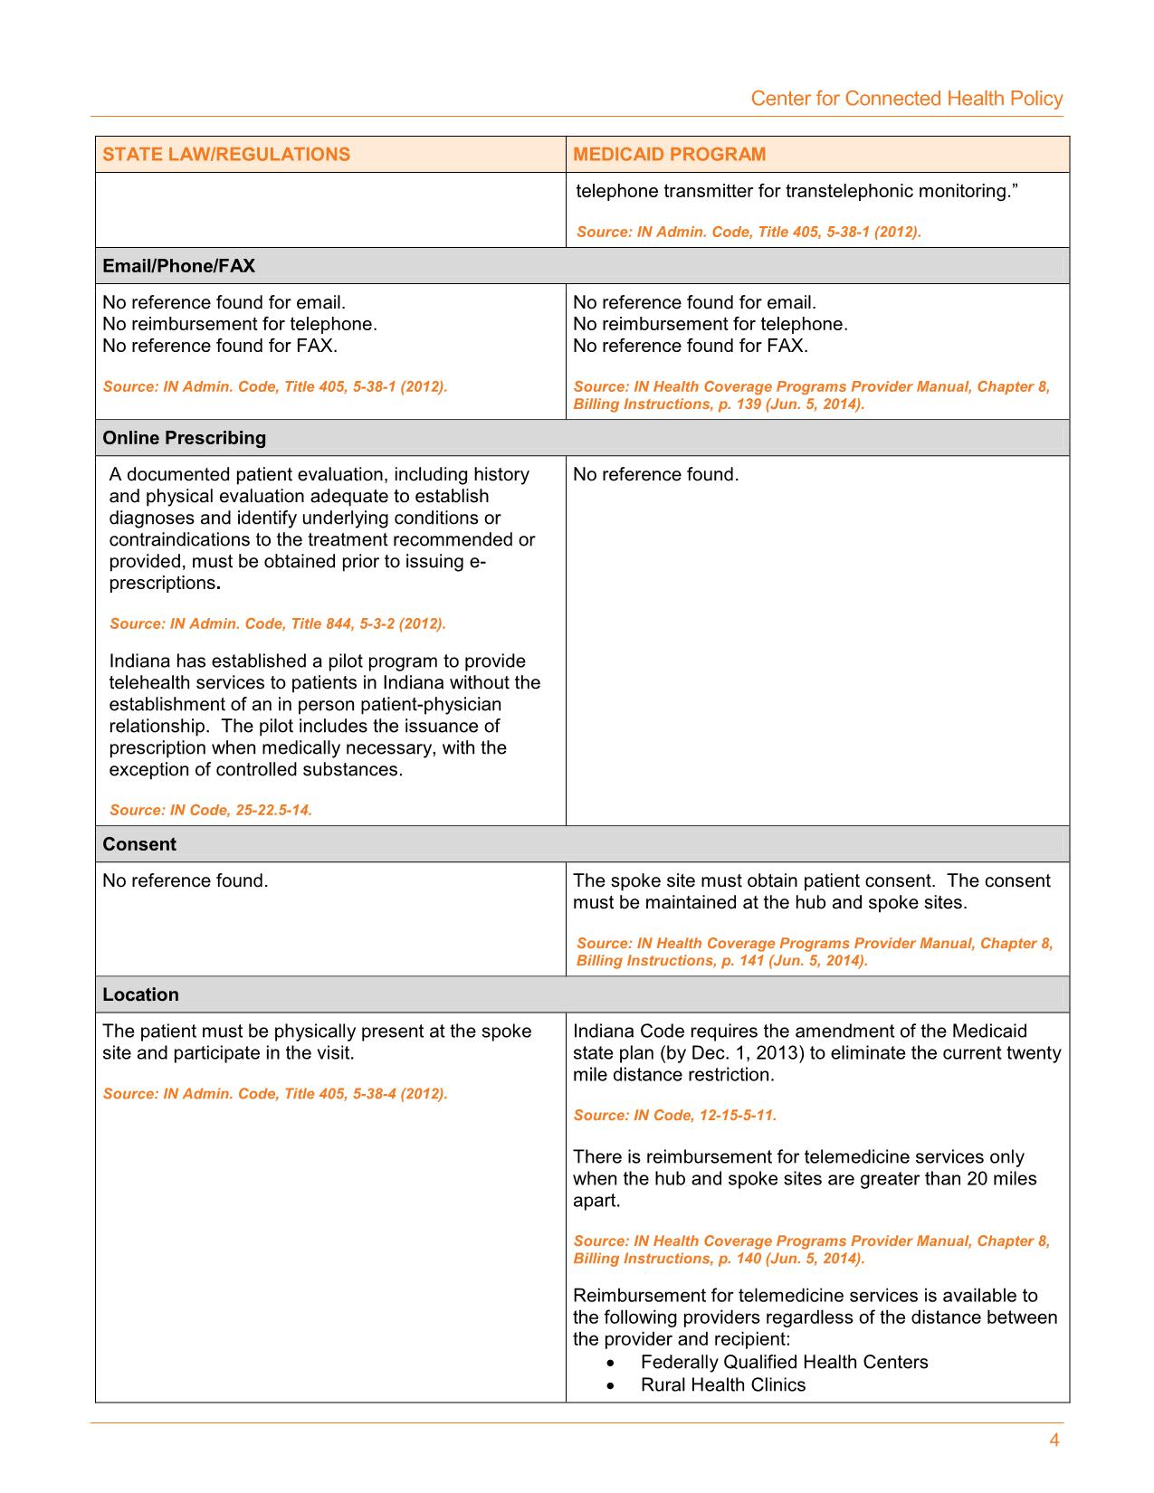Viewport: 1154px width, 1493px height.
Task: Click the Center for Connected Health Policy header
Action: coord(906,99)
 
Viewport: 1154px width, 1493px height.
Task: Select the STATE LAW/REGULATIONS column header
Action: coord(226,154)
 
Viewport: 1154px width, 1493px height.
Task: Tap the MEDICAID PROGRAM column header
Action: coord(669,154)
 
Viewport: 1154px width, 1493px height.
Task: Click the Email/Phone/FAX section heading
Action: coord(178,266)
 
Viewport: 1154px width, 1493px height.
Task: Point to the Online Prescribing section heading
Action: coord(184,438)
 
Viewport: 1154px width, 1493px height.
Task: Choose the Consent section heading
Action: coord(139,844)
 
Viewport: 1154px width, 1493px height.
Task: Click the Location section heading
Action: coord(140,994)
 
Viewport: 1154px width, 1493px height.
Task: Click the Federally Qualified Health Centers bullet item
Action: coord(784,1362)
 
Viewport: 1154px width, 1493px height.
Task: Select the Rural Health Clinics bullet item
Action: coord(722,1384)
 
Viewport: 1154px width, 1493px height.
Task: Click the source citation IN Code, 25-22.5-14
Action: coord(211,810)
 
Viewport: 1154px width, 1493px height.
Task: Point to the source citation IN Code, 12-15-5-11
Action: coord(674,1115)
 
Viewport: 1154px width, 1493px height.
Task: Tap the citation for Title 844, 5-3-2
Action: coord(278,623)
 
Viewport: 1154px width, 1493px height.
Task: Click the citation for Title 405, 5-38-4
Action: coord(275,1093)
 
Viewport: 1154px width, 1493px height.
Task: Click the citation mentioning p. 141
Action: coord(815,951)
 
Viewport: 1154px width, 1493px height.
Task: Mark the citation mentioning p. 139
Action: coord(811,395)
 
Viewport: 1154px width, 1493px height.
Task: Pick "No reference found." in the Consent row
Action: coord(185,880)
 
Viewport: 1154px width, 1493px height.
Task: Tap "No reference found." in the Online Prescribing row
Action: coord(655,474)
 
